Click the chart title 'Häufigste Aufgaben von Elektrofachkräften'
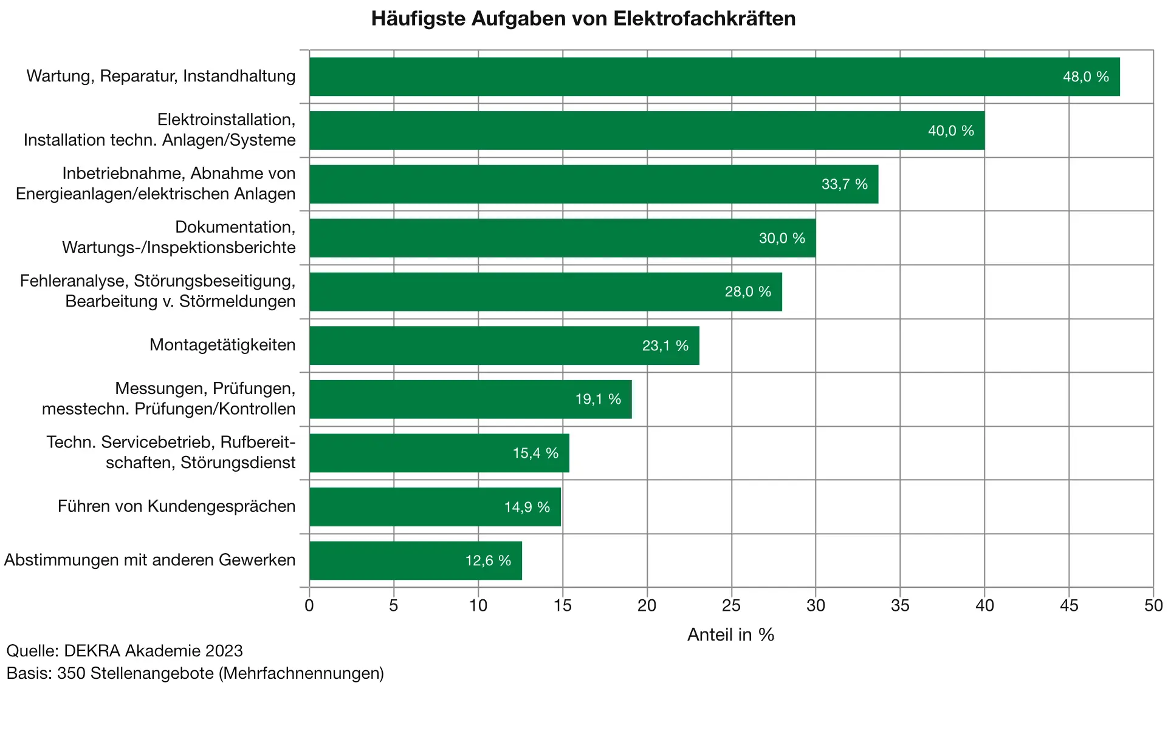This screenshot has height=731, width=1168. click(x=583, y=19)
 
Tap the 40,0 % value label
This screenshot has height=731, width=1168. click(x=950, y=131)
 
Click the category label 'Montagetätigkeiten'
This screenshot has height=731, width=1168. click(x=222, y=345)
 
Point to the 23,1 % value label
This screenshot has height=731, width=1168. click(x=665, y=345)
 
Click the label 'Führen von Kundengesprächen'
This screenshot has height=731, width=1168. click(x=176, y=506)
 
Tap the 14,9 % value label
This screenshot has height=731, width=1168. click(x=527, y=507)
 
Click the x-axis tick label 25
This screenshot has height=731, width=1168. click(x=731, y=605)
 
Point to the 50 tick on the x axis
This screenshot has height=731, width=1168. click(x=1153, y=605)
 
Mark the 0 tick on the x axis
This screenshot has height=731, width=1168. click(x=309, y=605)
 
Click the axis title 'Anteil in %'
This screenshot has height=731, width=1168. click(x=730, y=634)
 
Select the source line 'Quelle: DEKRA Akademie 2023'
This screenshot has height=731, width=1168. click(x=125, y=651)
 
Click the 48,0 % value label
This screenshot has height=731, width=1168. click(x=1085, y=76)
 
